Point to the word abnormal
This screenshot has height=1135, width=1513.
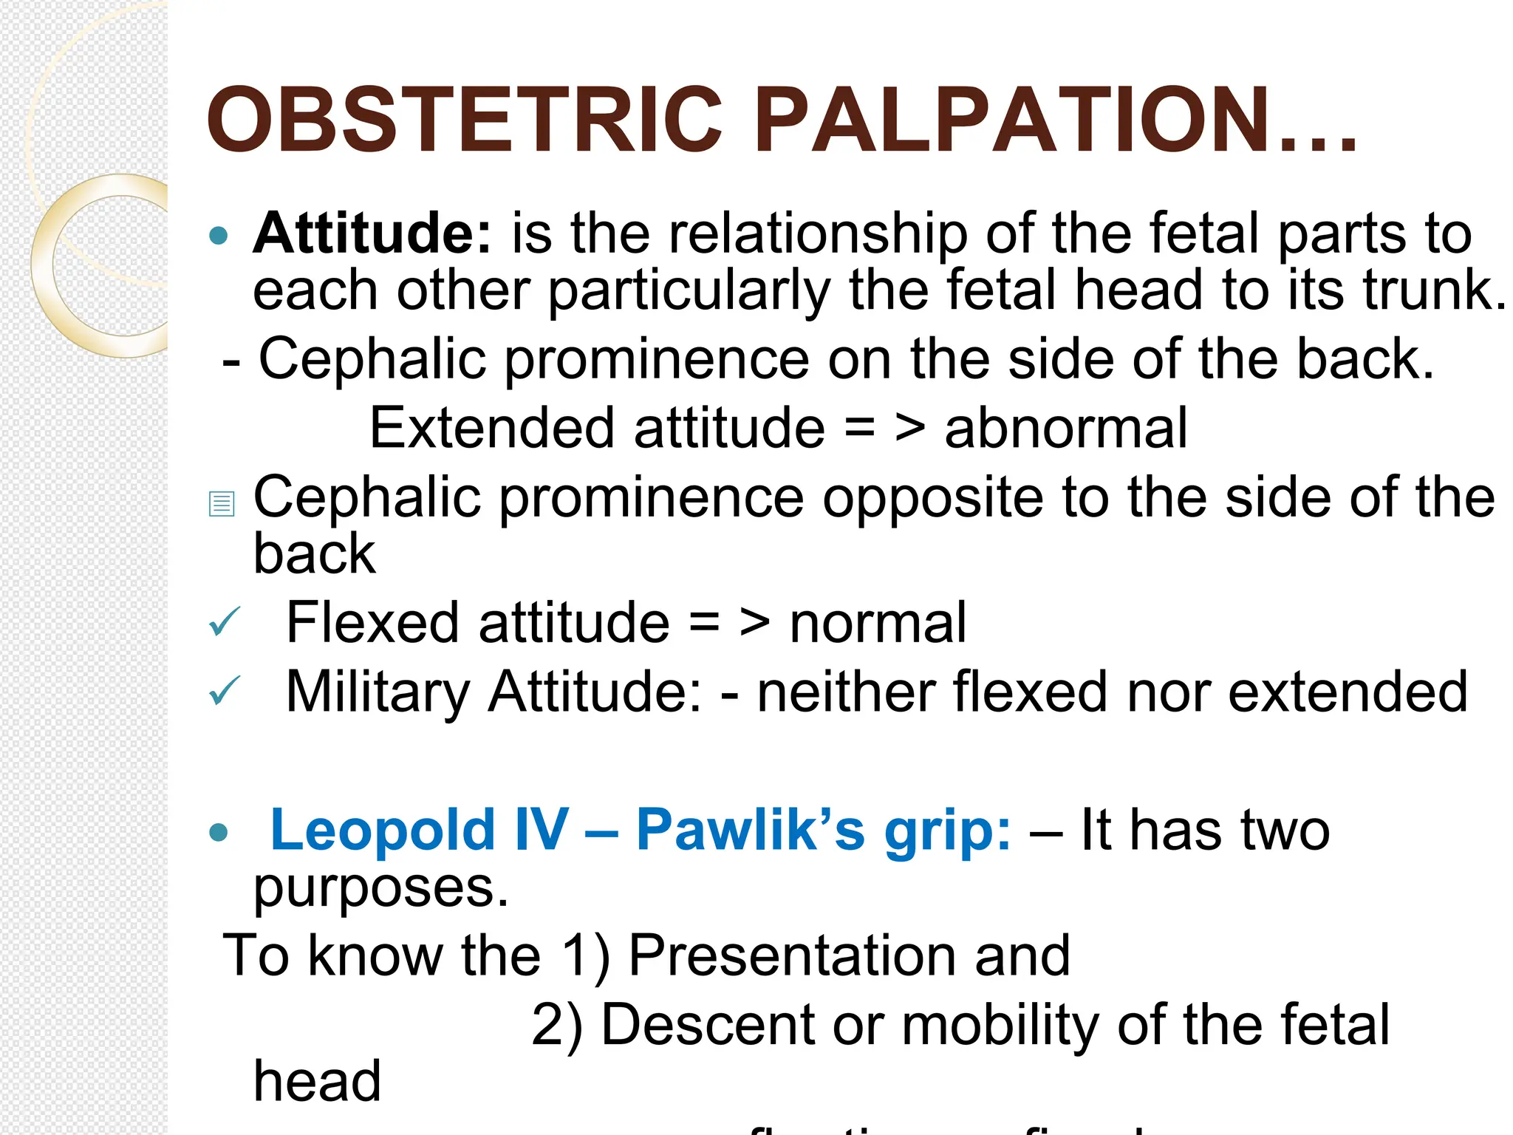pyautogui.click(x=1065, y=428)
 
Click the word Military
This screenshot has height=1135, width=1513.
pyautogui.click(x=378, y=692)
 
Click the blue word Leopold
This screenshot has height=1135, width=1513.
pyautogui.click(x=383, y=830)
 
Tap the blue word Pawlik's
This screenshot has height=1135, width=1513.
pyautogui.click(x=750, y=830)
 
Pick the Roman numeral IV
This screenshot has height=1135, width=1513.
pyautogui.click(x=542, y=830)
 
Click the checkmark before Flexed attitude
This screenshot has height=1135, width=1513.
pyautogui.click(x=224, y=622)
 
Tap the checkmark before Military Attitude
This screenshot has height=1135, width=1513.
pyautogui.click(x=224, y=692)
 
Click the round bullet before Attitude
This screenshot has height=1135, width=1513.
pyautogui.click(x=219, y=236)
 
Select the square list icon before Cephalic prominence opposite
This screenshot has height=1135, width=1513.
pyautogui.click(x=222, y=504)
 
